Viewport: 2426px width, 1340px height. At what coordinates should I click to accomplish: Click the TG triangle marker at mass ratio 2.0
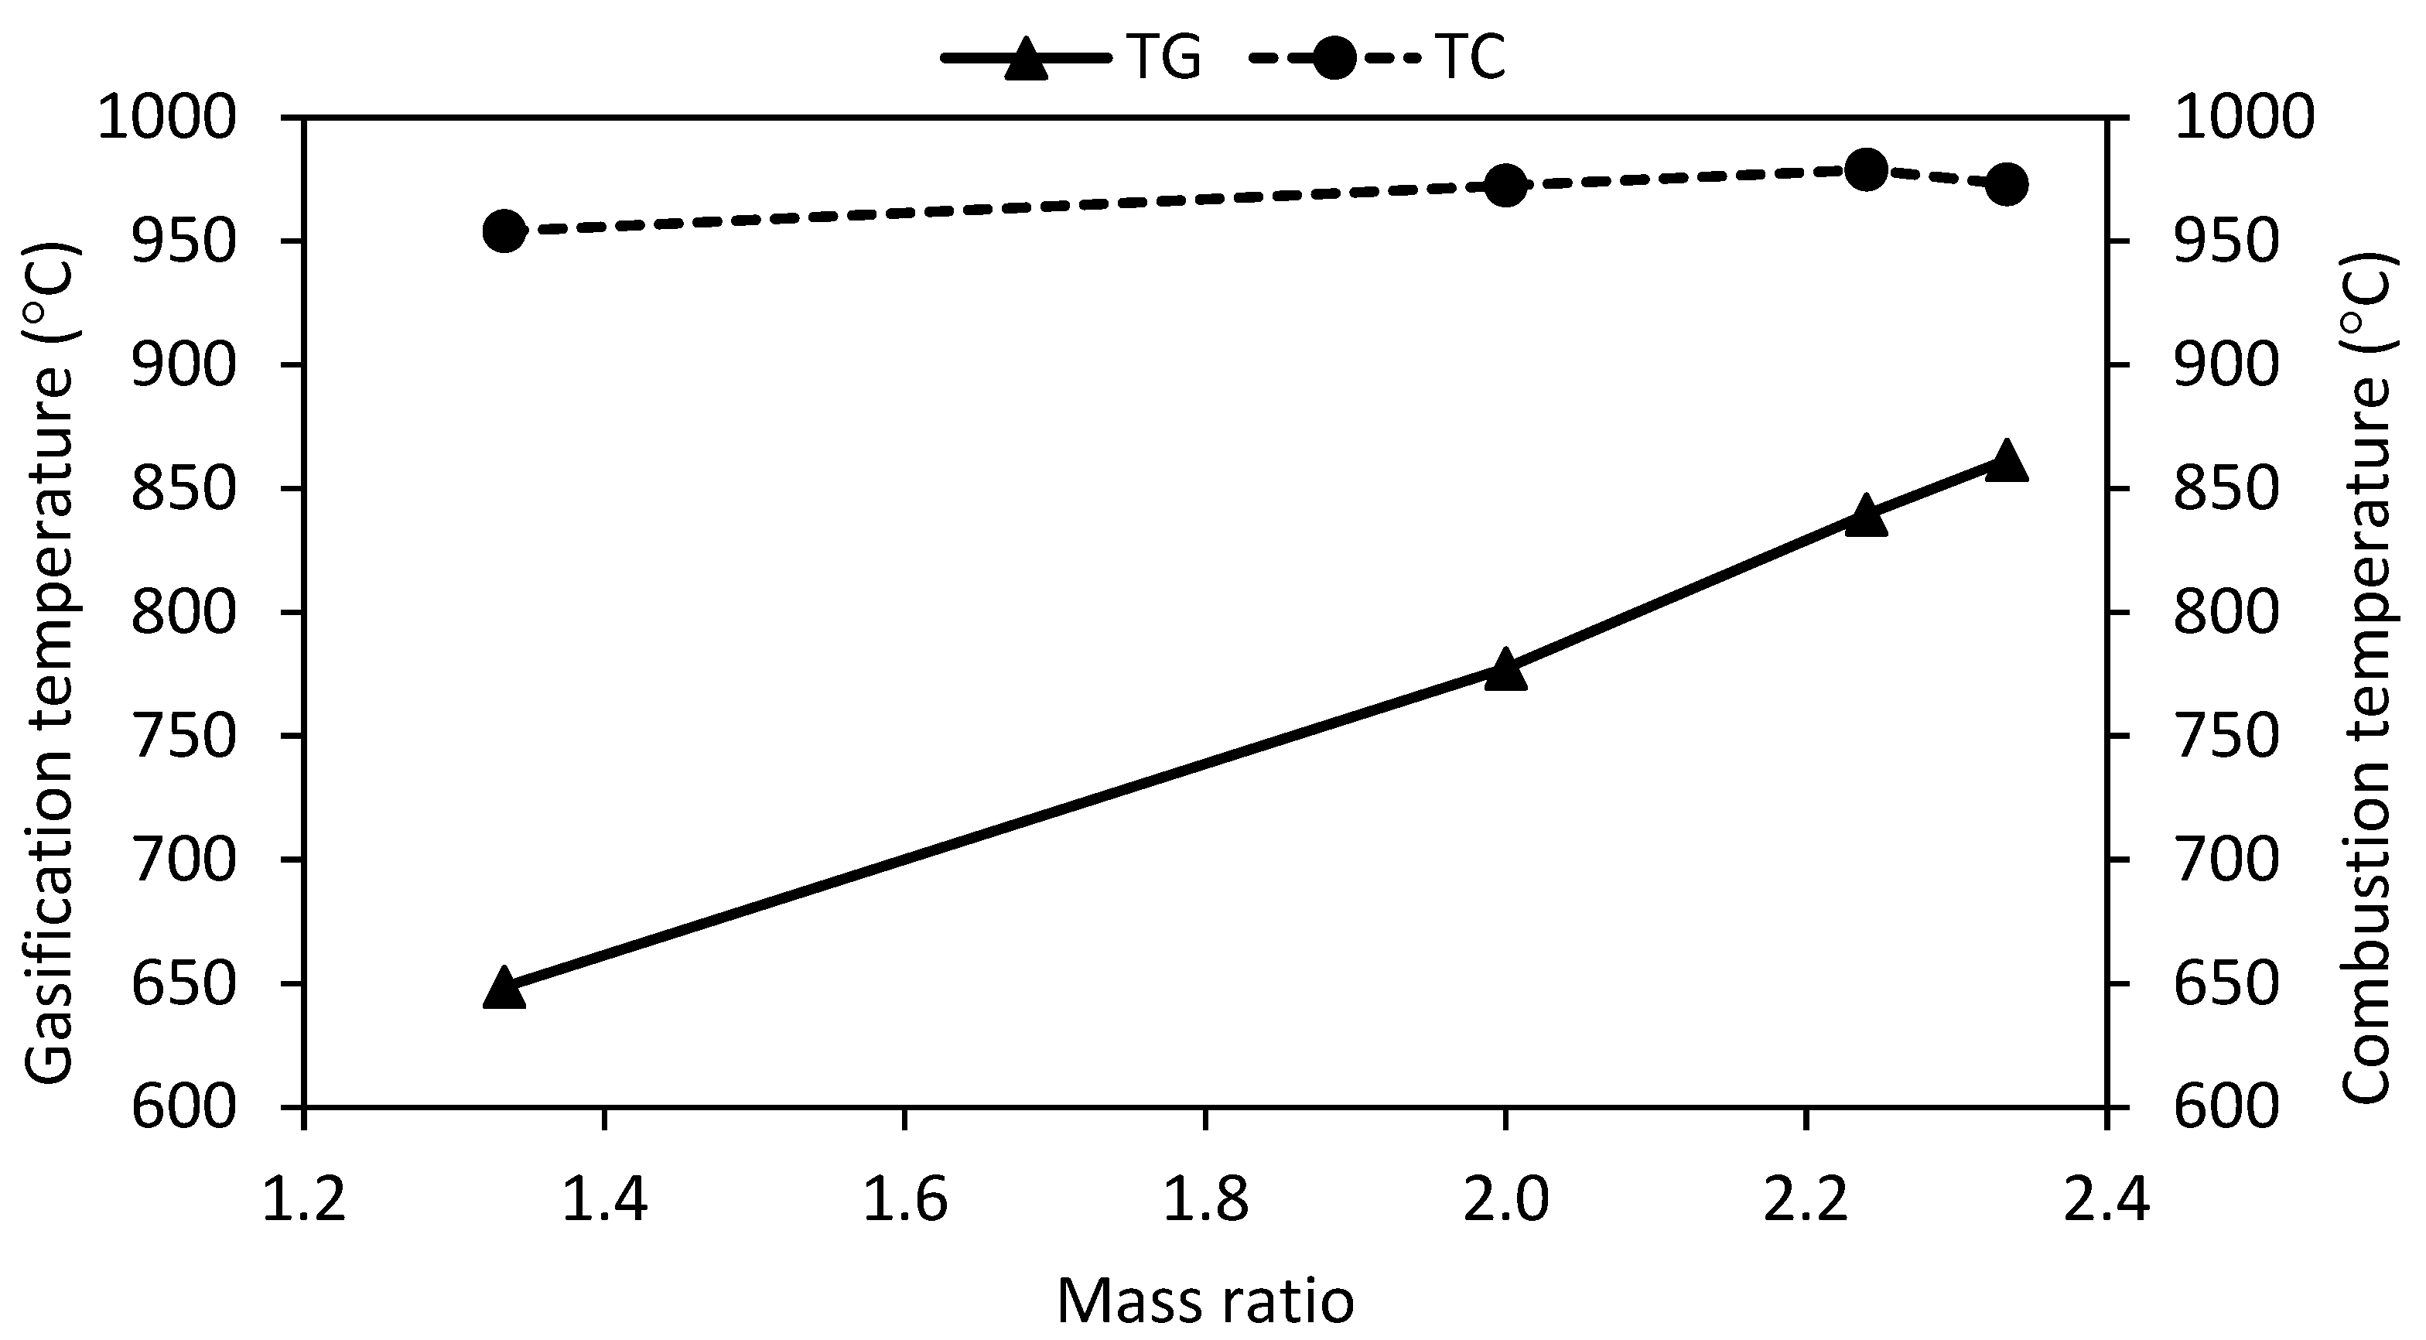point(1505,672)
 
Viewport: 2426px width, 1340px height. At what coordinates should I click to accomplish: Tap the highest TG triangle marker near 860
point(2006,461)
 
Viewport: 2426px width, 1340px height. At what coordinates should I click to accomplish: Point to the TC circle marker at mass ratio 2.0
point(1505,186)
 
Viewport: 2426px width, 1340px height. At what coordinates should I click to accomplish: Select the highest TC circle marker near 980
point(1866,170)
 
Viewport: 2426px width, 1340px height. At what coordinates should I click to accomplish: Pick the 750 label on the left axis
point(182,737)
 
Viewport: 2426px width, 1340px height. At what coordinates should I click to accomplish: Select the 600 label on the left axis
point(182,1106)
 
